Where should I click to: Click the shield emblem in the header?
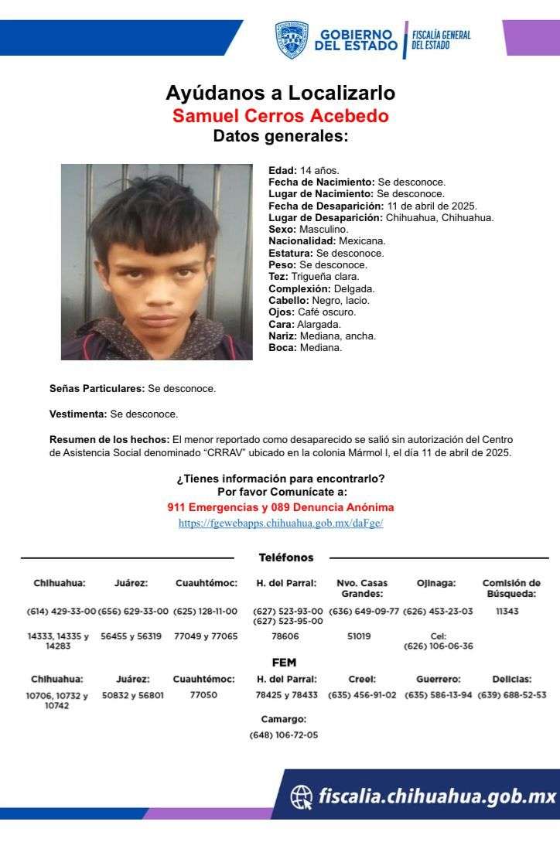pos(292,39)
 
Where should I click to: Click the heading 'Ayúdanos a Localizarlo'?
pos(280,94)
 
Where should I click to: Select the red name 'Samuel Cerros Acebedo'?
pos(280,116)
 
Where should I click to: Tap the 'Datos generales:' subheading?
pos(280,137)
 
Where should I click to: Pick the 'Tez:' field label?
pos(278,276)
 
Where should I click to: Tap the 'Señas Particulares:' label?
pos(97,388)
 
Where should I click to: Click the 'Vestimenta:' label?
pos(78,414)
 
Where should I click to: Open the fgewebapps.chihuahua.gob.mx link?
pos(280,523)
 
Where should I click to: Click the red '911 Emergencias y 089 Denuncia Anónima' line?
pos(280,507)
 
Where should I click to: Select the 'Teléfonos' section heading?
pos(285,557)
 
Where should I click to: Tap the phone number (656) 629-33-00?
pos(132,611)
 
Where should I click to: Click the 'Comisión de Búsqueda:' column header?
pos(510,588)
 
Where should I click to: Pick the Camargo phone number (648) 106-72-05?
pos(283,735)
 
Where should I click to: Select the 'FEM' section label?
pos(284,663)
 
